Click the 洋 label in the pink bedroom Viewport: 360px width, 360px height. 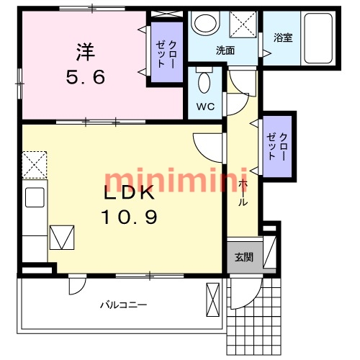[x=86, y=52]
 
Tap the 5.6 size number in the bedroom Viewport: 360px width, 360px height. [x=86, y=77]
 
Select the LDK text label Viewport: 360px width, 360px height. [x=129, y=192]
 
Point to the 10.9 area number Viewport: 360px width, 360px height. [x=129, y=217]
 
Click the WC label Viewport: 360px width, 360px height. [x=205, y=107]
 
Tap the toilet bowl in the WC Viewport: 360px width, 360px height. [x=204, y=82]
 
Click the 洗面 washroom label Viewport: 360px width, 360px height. [x=225, y=50]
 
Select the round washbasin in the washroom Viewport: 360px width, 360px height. [x=204, y=23]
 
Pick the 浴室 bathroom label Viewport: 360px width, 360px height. [x=283, y=37]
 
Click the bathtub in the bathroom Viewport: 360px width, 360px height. [x=318, y=38]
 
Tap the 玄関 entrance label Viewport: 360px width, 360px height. [x=244, y=257]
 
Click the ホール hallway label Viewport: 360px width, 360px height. [x=243, y=192]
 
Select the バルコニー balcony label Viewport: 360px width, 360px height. [x=123, y=305]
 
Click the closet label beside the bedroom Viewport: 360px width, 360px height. [x=166, y=54]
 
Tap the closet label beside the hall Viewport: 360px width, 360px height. [x=277, y=147]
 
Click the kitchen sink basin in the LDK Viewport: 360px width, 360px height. [x=35, y=197]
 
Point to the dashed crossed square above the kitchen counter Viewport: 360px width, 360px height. [x=35, y=165]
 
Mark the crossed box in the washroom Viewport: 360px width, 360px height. [x=243, y=24]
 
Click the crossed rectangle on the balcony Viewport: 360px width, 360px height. [x=213, y=300]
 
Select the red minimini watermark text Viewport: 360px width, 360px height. [x=176, y=180]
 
